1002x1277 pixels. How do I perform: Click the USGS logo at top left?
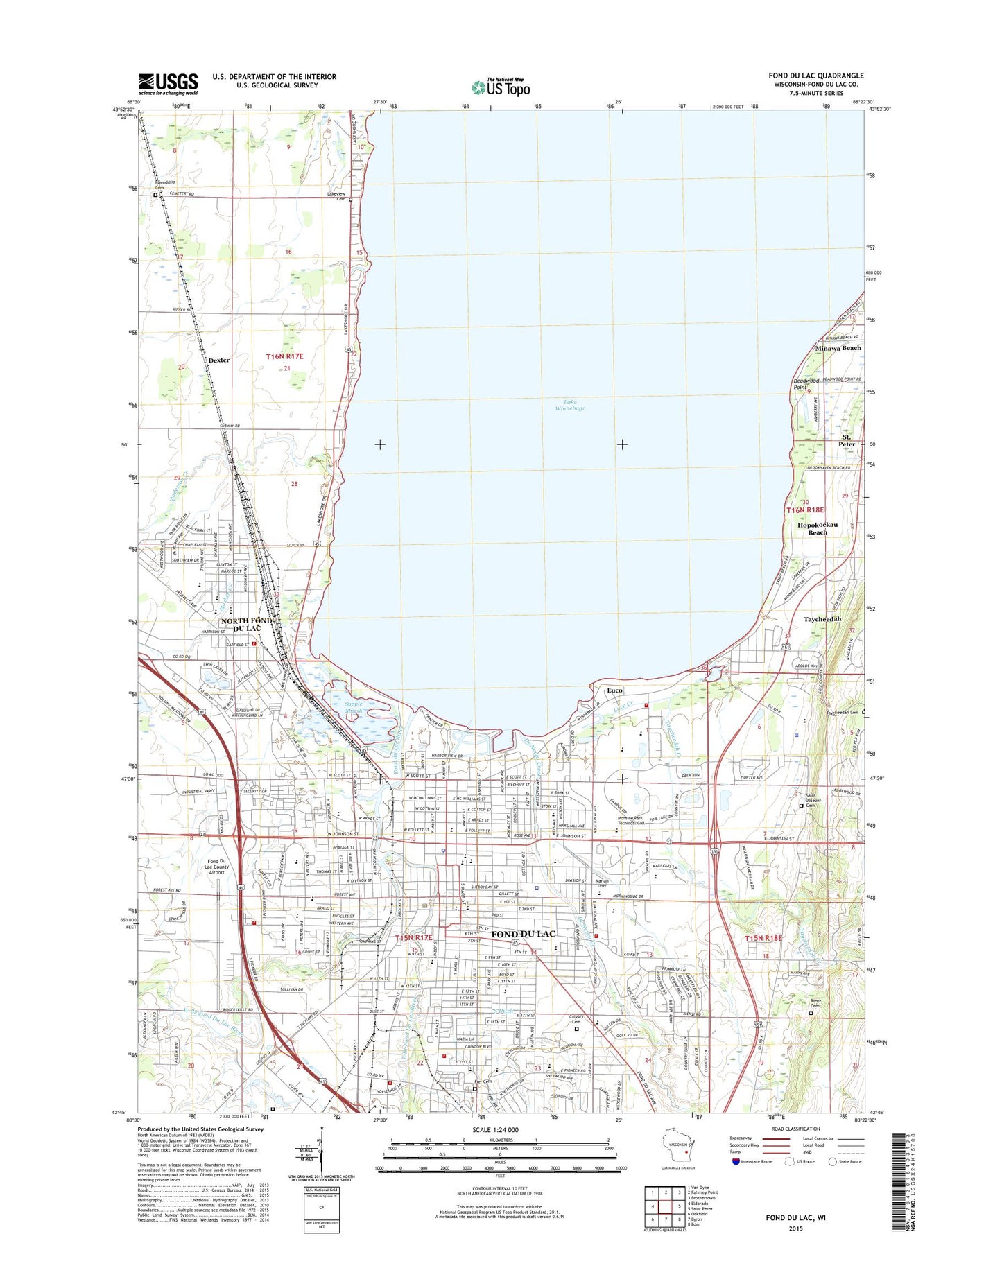click(168, 84)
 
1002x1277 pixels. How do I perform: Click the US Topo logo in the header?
click(501, 87)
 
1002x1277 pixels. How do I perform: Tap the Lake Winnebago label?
click(569, 405)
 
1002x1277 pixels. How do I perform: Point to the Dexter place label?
click(218, 360)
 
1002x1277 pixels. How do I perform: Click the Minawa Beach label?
click(838, 348)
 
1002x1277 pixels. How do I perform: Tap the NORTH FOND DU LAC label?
click(245, 624)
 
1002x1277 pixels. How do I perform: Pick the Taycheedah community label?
click(822, 619)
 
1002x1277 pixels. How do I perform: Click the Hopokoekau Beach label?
click(818, 528)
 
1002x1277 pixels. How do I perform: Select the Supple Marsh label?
click(354, 707)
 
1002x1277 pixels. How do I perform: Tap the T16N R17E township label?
click(285, 356)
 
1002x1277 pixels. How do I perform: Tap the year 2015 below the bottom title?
click(795, 1228)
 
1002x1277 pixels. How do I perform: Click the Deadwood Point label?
click(806, 383)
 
